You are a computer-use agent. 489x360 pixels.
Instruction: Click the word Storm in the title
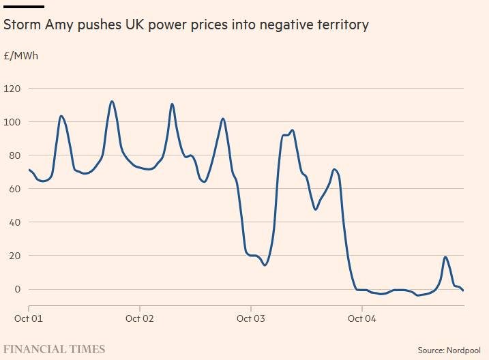coord(22,25)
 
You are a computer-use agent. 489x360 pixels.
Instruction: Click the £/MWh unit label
coord(21,55)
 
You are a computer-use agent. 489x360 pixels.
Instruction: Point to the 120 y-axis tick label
coord(13,89)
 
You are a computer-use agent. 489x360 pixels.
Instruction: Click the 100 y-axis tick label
coord(13,122)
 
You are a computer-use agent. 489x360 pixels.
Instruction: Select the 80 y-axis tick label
coord(16,155)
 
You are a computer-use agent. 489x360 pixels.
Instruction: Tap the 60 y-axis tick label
coord(16,189)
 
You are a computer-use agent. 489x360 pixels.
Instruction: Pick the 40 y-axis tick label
coord(16,222)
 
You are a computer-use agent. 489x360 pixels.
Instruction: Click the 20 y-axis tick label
coord(16,256)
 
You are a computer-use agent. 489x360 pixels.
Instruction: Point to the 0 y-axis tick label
coord(18,289)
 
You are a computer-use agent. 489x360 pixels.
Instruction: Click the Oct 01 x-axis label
coord(29,318)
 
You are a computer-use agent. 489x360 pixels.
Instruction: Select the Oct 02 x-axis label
coord(139,318)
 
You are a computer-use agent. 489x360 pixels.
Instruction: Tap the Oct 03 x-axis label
coord(250,318)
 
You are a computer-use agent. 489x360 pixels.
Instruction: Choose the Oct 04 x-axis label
coord(361,318)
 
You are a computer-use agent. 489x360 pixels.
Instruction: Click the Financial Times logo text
coord(55,349)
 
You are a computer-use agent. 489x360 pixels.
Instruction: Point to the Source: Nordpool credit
coord(449,350)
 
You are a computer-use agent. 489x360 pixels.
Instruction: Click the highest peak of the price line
coord(112,102)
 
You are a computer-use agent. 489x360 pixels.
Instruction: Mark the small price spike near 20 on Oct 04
coord(445,257)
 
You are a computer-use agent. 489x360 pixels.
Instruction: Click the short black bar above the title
coord(24,7)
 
